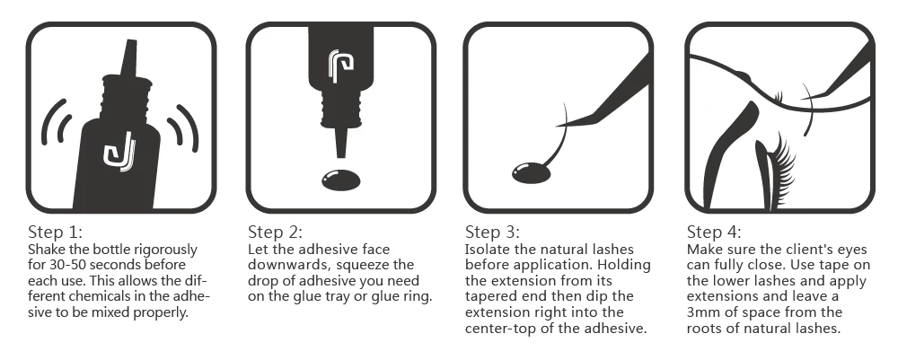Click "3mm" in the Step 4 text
click(701, 312)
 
